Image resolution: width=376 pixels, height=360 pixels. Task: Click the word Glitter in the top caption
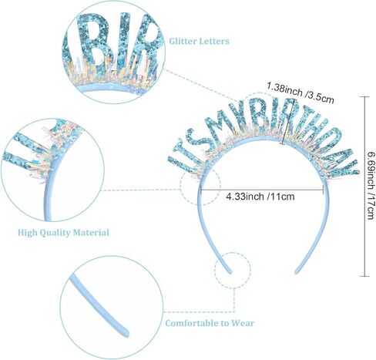tap(183, 41)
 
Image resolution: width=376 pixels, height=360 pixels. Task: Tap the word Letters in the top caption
tap(214, 41)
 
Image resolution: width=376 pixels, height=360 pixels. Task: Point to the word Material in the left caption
tap(91, 233)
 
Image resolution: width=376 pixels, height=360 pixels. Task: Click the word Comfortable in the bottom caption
tap(190, 323)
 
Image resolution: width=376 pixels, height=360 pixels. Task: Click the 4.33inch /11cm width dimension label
tap(260, 197)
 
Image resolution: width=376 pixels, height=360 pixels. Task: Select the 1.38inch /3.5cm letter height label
tap(300, 93)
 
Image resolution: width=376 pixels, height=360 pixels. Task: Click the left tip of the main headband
tap(230, 271)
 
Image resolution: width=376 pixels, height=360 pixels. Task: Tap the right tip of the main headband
tap(297, 271)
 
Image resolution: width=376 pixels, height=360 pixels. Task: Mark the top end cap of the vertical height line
tap(364, 96)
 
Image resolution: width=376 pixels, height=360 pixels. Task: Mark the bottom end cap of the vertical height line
tap(364, 276)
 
